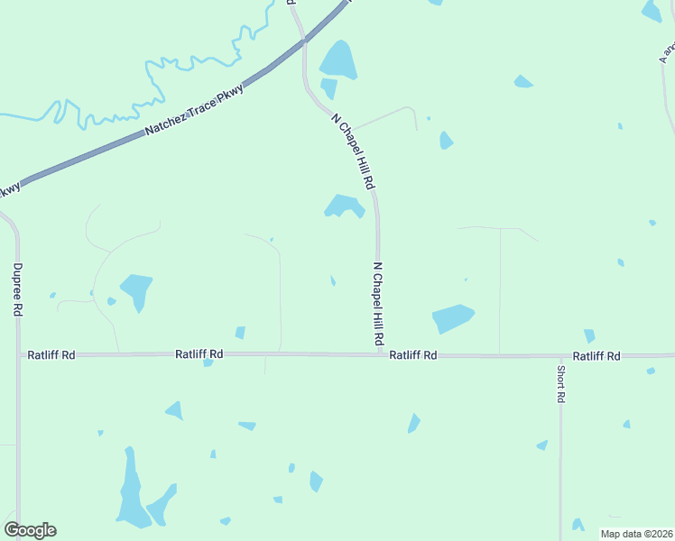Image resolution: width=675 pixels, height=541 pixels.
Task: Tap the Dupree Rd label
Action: [17, 289]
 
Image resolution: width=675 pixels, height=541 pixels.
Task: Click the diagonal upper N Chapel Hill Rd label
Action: [353, 151]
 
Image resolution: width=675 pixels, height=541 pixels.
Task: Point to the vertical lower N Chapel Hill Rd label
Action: [379, 305]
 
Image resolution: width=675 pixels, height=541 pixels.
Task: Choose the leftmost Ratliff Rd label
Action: [51, 355]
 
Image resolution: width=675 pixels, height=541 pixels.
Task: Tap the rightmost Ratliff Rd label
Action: [596, 356]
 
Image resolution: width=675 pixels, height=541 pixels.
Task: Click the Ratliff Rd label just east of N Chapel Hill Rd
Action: [413, 356]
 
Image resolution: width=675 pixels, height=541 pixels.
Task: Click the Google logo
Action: [30, 530]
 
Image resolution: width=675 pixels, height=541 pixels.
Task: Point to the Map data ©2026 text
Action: [636, 534]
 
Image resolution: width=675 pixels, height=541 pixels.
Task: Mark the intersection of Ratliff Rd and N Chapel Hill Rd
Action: [380, 354]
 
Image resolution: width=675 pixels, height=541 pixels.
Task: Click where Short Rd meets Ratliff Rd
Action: [560, 356]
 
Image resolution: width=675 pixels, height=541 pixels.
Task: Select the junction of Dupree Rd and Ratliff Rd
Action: [18, 354]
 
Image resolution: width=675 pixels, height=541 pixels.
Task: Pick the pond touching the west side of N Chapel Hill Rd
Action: [343, 206]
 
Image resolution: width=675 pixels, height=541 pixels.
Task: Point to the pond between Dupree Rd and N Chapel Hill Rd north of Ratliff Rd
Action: [137, 289]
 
